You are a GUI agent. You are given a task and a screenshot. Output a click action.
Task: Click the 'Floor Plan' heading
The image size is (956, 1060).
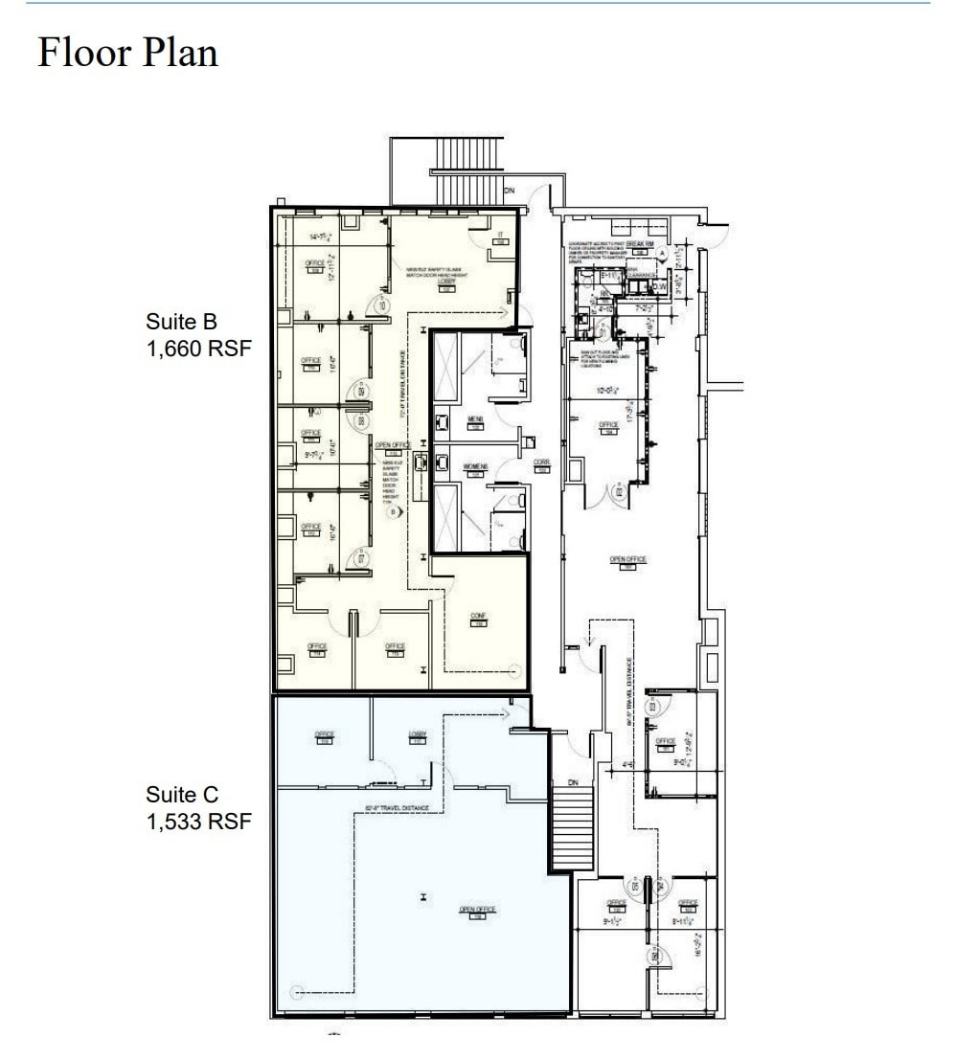[127, 52]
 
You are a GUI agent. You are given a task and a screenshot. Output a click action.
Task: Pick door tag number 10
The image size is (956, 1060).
[380, 305]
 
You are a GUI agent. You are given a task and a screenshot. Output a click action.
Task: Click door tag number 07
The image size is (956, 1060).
[359, 558]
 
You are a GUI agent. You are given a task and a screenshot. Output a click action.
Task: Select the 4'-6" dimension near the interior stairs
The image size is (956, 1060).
[628, 765]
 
